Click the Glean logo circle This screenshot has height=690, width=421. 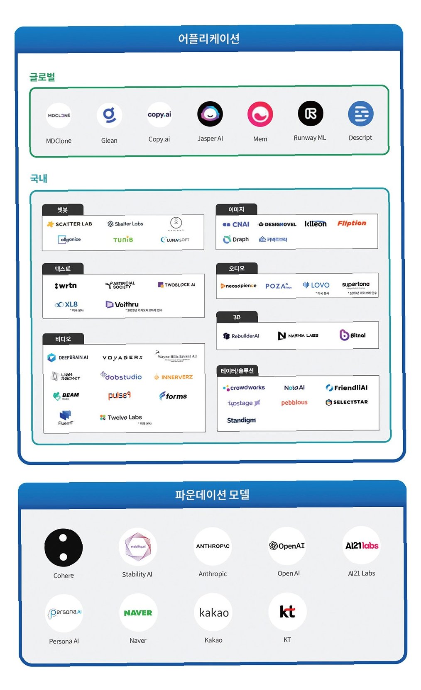[109, 115]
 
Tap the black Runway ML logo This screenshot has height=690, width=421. [310, 114]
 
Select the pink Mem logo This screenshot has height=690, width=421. [260, 114]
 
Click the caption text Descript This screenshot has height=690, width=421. [360, 138]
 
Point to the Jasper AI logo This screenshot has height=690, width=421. [210, 114]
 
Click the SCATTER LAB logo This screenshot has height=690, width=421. [70, 224]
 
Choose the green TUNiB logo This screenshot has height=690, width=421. [123, 240]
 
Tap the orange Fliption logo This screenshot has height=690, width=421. [351, 223]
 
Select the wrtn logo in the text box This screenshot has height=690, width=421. [66, 286]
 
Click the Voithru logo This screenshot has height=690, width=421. [122, 304]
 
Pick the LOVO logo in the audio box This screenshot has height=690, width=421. [316, 285]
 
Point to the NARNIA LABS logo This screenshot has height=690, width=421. [298, 335]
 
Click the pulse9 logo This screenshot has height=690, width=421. [119, 395]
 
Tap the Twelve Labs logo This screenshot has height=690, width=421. [121, 417]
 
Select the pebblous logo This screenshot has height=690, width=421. [294, 402]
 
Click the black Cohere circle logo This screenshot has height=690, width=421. [64, 547]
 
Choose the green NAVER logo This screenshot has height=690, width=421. [138, 613]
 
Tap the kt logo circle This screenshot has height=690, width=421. [287, 612]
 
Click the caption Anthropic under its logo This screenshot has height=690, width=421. [213, 574]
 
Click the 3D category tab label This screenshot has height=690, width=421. [237, 317]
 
